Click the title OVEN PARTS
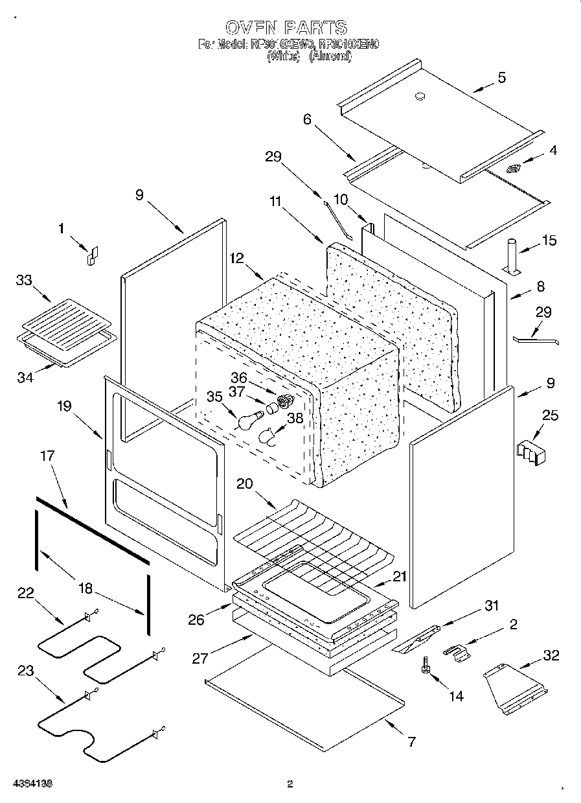point(286,27)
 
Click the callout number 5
point(501,78)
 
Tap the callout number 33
point(23,281)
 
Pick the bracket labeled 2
point(457,653)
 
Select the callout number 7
point(411,741)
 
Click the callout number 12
point(236,257)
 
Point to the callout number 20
point(245,484)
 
